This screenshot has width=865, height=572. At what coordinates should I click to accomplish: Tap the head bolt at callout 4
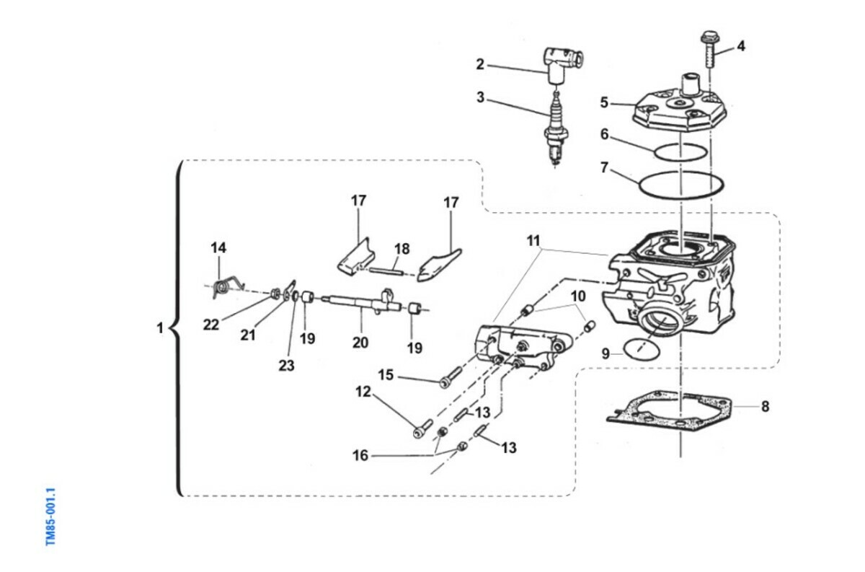(x=709, y=48)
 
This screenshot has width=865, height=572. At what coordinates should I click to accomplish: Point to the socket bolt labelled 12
(x=422, y=429)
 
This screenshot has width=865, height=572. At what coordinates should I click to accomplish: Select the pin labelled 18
(x=391, y=271)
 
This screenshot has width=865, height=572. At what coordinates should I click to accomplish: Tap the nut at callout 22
(x=275, y=294)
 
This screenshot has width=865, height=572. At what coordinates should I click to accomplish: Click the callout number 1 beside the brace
(x=161, y=328)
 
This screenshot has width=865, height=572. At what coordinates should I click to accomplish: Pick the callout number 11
(x=533, y=239)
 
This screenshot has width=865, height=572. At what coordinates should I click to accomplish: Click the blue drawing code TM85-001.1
(x=51, y=517)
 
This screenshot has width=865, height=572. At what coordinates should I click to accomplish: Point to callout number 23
(x=286, y=366)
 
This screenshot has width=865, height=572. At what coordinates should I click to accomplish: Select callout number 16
(x=360, y=455)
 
